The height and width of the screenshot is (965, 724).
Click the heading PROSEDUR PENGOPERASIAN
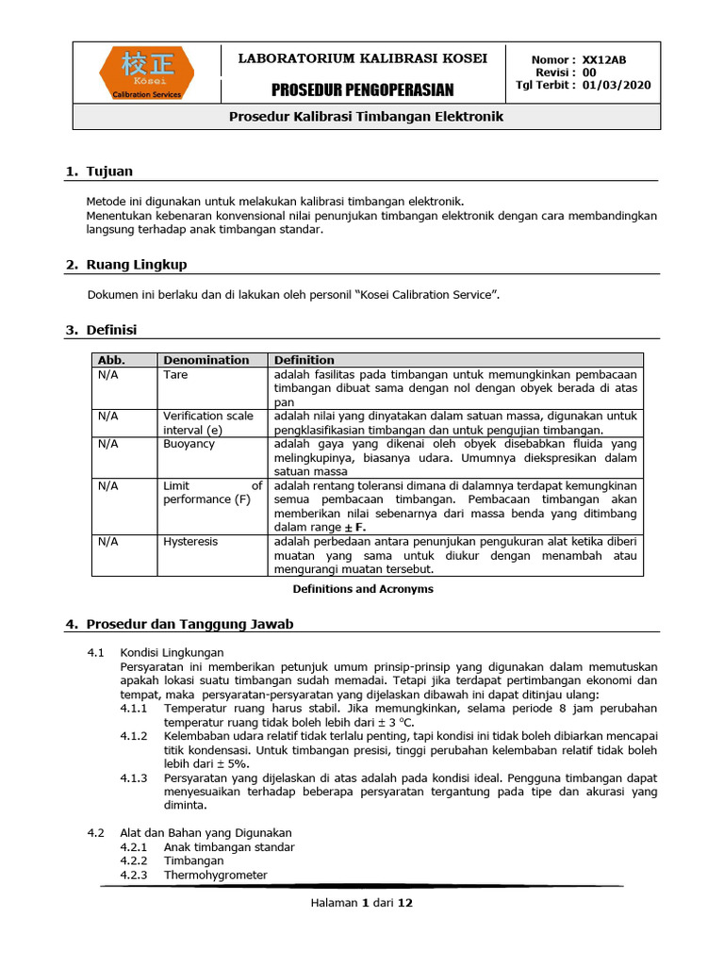363,90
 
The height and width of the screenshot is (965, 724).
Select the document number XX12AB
604,59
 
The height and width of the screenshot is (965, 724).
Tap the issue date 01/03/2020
617,85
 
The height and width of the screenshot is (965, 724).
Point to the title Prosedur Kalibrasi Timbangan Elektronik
368,117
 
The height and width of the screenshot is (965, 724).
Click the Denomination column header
206,360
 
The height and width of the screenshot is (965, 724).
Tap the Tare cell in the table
175,374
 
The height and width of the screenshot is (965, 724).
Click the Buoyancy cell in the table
189,444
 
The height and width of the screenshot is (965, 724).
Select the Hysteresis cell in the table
189,542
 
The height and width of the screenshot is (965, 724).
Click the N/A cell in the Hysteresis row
107,542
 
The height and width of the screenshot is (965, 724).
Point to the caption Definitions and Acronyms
363,589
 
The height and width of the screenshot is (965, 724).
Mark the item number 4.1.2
134,735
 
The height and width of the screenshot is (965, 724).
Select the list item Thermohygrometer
215,875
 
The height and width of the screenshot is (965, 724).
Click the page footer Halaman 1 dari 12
362,902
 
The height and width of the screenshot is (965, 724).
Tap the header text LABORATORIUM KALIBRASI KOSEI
363,58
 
